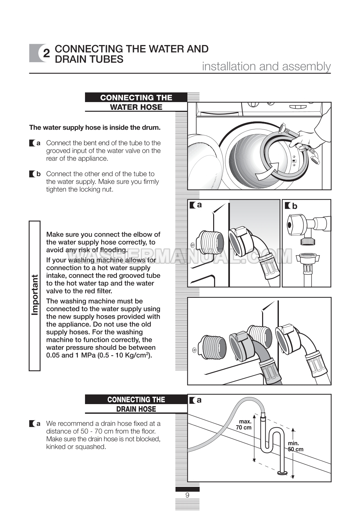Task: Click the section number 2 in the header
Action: pyautogui.click(x=46, y=53)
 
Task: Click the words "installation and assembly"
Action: pyautogui.click(x=266, y=66)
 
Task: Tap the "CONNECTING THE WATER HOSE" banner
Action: pyautogui.click(x=136, y=102)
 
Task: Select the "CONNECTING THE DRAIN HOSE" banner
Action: pyautogui.click(x=136, y=404)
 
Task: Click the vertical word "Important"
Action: pyautogui.click(x=35, y=295)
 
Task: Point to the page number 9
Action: pyautogui.click(x=187, y=495)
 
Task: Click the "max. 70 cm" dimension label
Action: pyautogui.click(x=244, y=424)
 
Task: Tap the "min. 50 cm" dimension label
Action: pyautogui.click(x=295, y=446)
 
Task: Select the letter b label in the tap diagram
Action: pyautogui.click(x=295, y=206)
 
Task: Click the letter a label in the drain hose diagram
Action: pyautogui.click(x=199, y=400)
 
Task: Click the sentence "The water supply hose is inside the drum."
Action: pyautogui.click(x=95, y=128)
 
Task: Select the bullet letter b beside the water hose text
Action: pyautogui.click(x=38, y=174)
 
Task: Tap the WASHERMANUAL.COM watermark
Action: pyautogui.click(x=180, y=257)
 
